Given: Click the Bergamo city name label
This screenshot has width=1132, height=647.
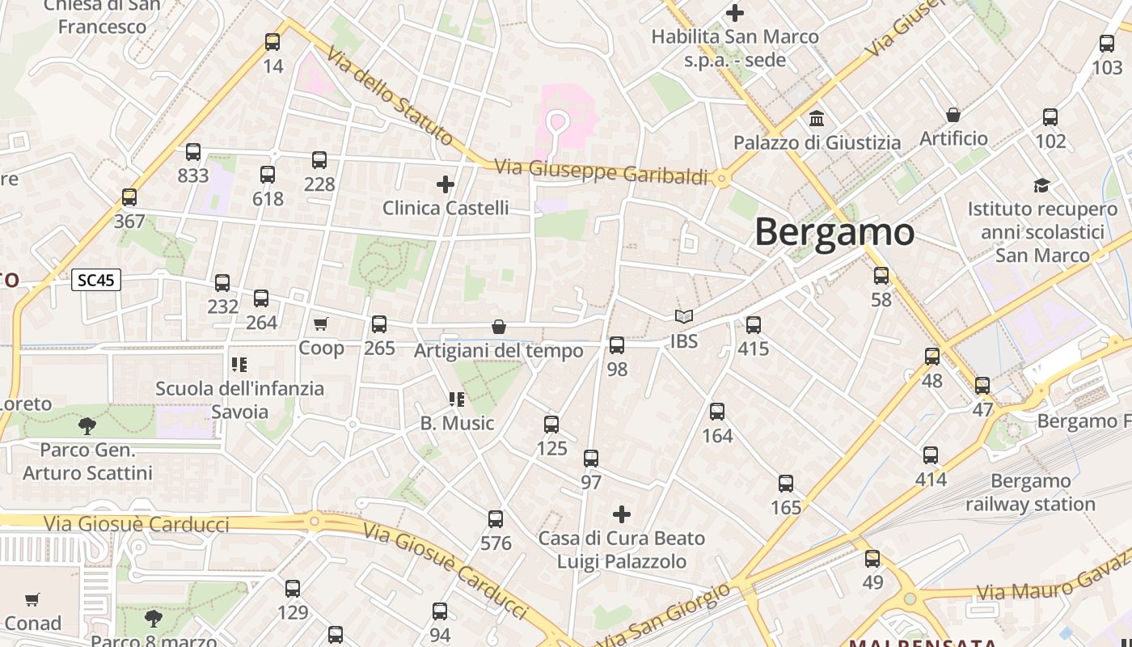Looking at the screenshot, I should pos(834,232).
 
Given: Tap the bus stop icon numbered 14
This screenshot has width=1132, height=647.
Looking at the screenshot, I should pos(272,42).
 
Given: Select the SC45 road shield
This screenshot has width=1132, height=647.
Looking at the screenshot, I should pos(96,281).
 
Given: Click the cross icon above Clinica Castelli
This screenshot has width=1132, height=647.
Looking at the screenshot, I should pos(446,184).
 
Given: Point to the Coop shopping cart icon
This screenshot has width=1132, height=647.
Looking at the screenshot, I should pos(321,324).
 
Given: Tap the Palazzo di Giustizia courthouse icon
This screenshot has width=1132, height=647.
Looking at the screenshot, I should pos(817,119).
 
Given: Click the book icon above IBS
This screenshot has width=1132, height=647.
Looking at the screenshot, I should pos(684,317).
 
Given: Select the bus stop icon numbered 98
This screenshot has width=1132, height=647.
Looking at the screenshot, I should pos(617,345).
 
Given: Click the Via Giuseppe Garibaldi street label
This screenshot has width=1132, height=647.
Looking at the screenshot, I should pos(601,171).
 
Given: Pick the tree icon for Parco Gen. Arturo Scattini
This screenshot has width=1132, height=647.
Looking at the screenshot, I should pos(87,425).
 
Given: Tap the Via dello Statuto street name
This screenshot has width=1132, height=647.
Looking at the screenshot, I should pos(390,95).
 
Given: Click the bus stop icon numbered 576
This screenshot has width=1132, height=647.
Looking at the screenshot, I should pos(496,519).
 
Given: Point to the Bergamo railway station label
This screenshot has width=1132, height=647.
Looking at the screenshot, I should pos(1030,493).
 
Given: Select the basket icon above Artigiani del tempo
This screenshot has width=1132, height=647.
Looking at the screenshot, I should pos(499,327).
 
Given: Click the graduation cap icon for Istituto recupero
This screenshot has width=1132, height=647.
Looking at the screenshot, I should pos(1041,185).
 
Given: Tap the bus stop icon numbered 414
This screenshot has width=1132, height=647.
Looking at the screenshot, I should pos(931,455).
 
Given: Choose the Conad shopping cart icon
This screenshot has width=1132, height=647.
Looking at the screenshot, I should pos(32,600).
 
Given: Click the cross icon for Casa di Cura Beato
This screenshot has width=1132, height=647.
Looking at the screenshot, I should pos(622,514).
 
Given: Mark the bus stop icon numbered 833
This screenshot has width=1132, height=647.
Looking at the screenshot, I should pos(193,152).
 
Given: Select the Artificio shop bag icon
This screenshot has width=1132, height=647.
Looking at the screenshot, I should pos(953,115).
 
